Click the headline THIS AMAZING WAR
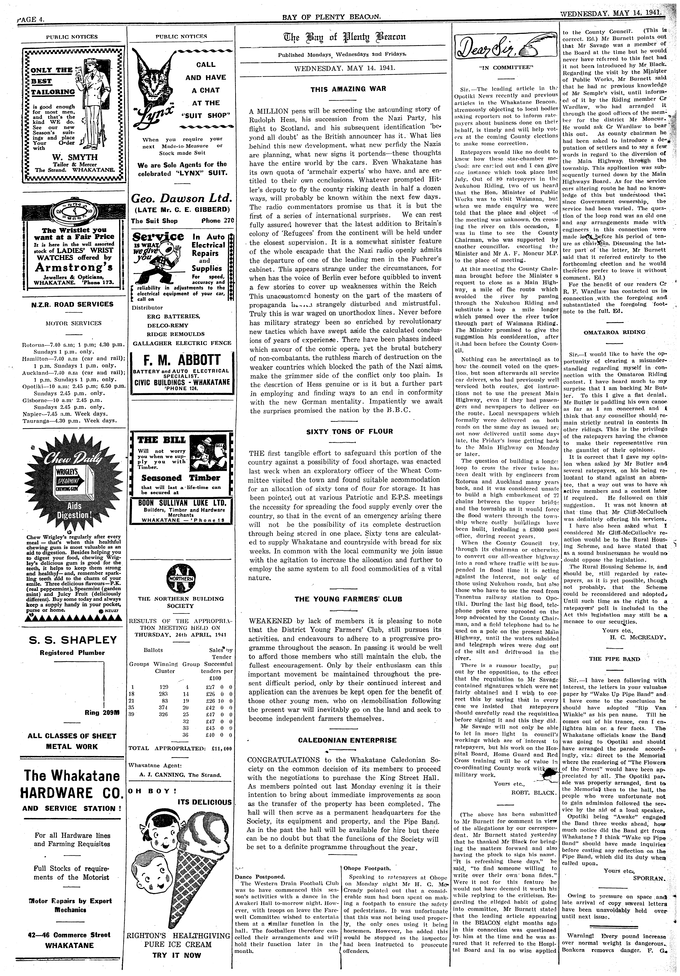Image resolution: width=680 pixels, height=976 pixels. click(x=342, y=89)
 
